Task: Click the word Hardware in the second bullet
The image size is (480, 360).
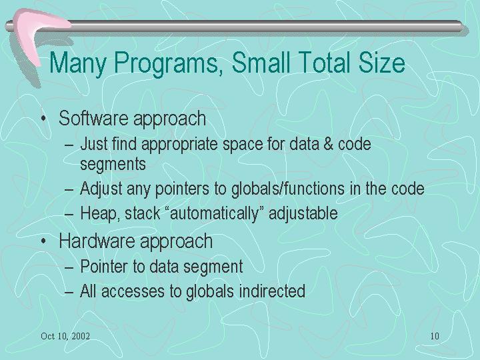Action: point(97,241)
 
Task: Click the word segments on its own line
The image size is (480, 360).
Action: point(113,164)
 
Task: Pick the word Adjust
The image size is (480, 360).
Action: point(101,189)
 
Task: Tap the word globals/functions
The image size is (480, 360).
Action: point(288,188)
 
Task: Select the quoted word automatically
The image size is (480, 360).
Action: point(214,213)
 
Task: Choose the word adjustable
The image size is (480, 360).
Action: point(303,213)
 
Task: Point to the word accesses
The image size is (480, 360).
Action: point(133,291)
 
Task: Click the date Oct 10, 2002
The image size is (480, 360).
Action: point(65,336)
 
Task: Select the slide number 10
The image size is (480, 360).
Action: point(435,336)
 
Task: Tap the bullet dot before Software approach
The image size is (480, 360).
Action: point(44,118)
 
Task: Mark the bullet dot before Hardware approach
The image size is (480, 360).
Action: point(44,241)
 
